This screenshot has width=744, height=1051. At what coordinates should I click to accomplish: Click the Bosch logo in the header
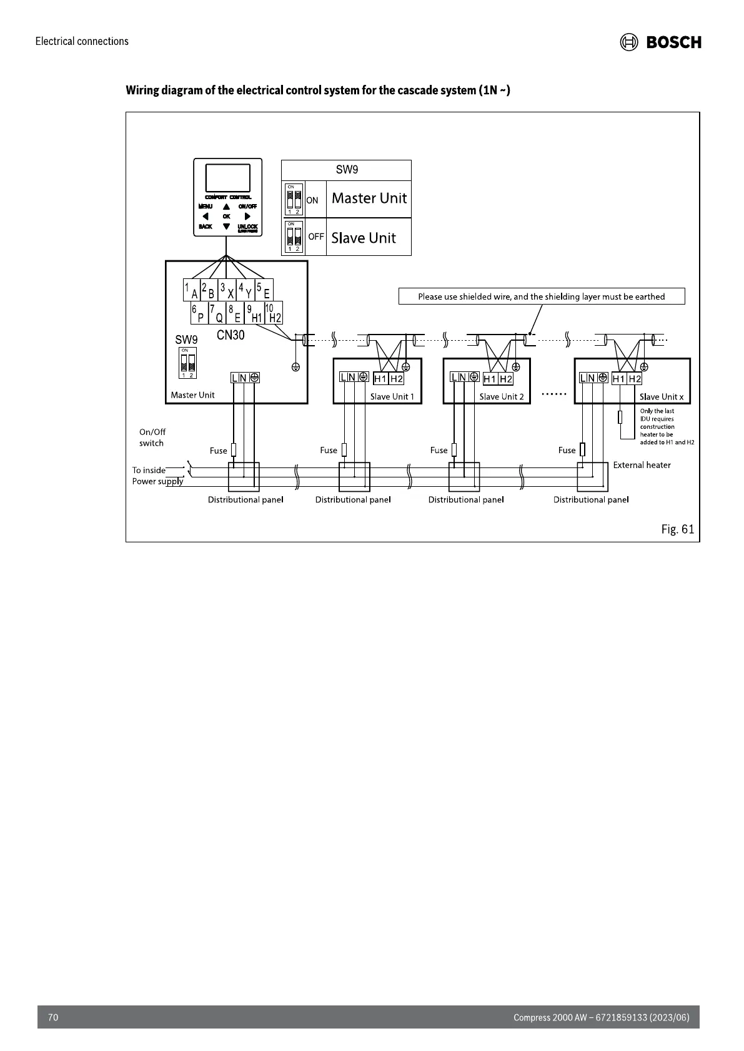coord(660,42)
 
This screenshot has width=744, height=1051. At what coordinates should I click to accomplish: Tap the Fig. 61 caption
coord(677,529)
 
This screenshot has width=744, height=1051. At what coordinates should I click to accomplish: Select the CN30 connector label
coord(231,335)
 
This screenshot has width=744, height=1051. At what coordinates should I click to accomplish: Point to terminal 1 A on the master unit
coord(191,290)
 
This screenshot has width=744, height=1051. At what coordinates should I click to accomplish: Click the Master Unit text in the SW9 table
coord(369,198)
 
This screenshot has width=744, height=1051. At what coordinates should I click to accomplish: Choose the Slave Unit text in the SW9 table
coord(364,238)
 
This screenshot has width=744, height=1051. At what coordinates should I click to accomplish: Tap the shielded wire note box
coord(542,296)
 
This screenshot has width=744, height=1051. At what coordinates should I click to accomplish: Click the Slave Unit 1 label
coord(392,397)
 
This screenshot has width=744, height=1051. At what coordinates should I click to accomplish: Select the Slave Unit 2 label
coord(502,397)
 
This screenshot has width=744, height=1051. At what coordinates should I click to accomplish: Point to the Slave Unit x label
coord(662,397)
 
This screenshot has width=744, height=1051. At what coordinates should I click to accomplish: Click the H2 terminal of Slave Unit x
coord(635,379)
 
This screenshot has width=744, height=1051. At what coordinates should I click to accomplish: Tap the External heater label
coord(642,465)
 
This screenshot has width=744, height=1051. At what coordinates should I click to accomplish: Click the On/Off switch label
coord(152,438)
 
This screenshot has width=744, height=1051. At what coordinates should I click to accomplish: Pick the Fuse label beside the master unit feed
coord(218,451)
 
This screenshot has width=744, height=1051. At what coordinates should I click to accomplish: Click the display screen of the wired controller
coord(227,178)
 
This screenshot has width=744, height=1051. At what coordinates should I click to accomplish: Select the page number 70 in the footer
coord(53,1017)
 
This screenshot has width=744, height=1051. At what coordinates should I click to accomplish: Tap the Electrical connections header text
coord(82,41)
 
